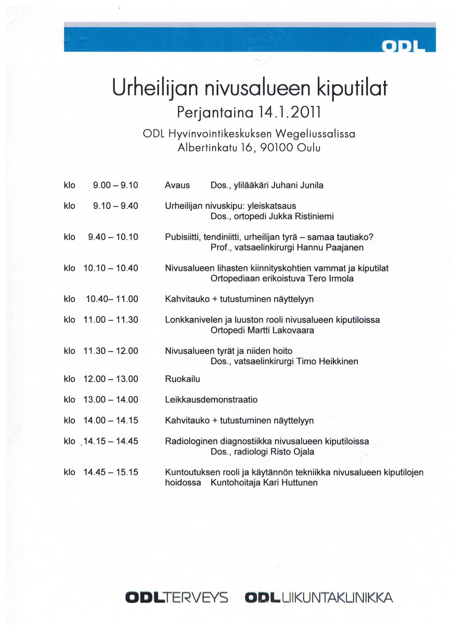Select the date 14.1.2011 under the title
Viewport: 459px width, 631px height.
pos(289,113)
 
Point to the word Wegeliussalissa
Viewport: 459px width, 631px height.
pos(315,134)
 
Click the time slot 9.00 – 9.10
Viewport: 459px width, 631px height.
pos(116,185)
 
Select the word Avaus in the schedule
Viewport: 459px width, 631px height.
pos(177,185)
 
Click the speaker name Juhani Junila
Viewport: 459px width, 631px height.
pos(297,185)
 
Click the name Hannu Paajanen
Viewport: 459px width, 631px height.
pos(330,247)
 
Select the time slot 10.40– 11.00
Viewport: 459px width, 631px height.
pos(112,299)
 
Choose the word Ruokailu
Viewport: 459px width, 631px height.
pos(182,379)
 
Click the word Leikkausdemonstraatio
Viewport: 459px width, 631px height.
pos(211,400)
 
